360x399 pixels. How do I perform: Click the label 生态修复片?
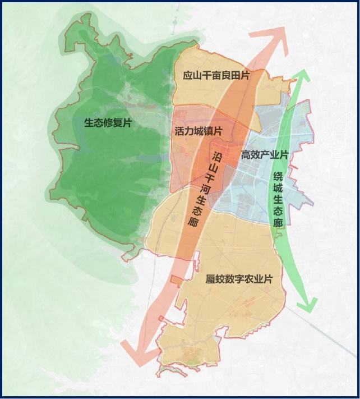point(108,123)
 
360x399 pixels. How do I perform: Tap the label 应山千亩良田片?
point(216,75)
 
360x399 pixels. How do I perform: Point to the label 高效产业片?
point(264,154)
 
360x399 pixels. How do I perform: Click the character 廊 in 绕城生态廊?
point(278,223)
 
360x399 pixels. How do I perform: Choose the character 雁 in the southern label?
point(211,279)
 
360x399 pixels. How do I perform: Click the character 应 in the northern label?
point(188,75)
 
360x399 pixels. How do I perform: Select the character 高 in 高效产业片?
point(246,154)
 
